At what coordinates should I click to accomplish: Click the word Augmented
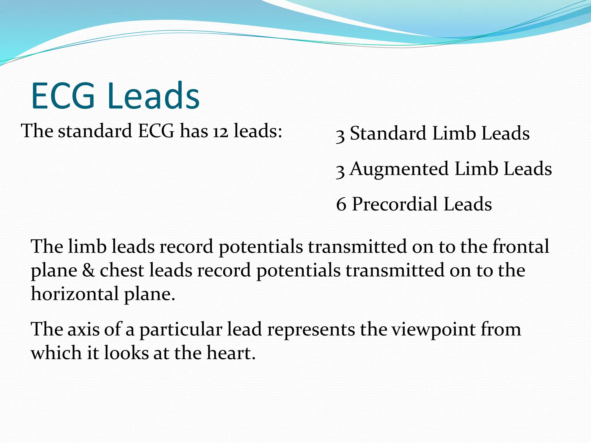coord(399,169)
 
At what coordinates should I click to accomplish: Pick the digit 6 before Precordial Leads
coord(341,204)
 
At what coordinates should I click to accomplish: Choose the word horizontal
coord(75,294)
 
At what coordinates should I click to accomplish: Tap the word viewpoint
coord(433,329)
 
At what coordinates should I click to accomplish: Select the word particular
coord(181,329)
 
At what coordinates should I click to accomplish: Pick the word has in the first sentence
coord(194,131)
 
